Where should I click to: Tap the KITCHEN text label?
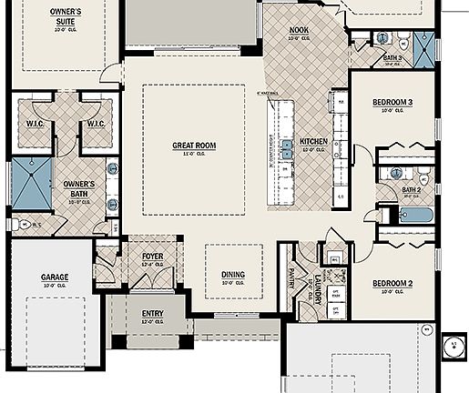[x=313, y=142]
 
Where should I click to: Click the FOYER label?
[x=152, y=257]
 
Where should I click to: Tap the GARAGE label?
[x=55, y=277]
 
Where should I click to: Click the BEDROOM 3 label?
[x=393, y=103]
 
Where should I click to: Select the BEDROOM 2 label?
[x=393, y=284]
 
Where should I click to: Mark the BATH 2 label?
[x=411, y=190]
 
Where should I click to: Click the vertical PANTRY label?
[x=291, y=277]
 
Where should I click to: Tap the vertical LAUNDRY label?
[x=318, y=285]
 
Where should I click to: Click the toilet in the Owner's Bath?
[x=21, y=223]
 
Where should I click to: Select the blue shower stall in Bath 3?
[x=424, y=45]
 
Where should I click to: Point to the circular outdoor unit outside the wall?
[x=451, y=347]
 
